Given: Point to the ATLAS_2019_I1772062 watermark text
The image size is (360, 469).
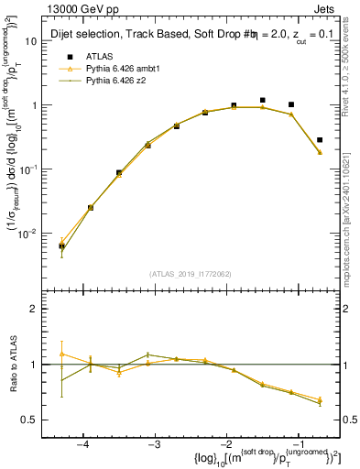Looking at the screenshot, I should pyautogui.click(x=191, y=274).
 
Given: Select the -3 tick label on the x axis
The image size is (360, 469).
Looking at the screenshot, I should pyautogui.click(x=154, y=443).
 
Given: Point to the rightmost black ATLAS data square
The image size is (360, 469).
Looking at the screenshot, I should pyautogui.click(x=320, y=140).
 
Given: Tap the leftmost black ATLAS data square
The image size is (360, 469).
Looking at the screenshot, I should pyautogui.click(x=61, y=245).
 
